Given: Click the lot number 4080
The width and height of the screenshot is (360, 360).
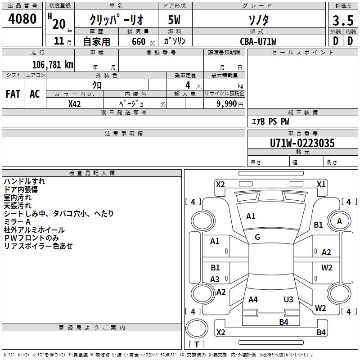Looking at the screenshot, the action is click(x=22, y=19).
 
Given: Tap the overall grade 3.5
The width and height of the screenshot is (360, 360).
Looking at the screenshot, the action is click(x=343, y=21).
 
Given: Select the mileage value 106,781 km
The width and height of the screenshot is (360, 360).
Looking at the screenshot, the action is click(x=53, y=65).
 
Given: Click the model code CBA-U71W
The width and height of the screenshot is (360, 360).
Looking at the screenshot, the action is click(x=258, y=41).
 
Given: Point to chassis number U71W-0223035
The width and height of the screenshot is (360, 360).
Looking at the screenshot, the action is click(x=302, y=143).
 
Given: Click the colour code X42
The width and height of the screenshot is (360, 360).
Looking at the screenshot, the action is click(x=74, y=104).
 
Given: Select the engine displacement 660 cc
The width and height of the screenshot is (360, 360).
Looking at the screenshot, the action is click(x=143, y=41).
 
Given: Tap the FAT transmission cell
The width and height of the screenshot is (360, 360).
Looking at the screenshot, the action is click(x=13, y=94).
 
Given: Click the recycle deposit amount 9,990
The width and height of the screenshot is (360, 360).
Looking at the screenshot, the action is click(x=227, y=103).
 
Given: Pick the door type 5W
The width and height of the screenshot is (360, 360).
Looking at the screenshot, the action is click(x=174, y=20).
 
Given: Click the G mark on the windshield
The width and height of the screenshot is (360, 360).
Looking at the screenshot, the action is click(x=257, y=237).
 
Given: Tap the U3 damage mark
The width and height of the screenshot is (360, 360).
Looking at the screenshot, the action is click(x=288, y=299).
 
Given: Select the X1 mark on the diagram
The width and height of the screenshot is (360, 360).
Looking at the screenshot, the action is click(x=321, y=184).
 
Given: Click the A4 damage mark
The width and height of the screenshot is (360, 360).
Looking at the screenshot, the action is click(x=253, y=299).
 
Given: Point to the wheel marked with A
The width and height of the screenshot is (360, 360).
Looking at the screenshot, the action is click(x=339, y=221).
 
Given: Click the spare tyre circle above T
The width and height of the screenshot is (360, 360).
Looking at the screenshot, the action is click(x=197, y=328).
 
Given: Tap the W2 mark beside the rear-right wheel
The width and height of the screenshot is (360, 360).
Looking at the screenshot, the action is click(x=320, y=308).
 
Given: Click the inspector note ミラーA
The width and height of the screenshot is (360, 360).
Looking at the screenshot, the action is click(x=17, y=221).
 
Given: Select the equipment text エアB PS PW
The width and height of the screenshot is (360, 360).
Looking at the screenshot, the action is click(x=270, y=121).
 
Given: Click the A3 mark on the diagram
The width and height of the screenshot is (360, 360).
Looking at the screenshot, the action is click(x=215, y=279).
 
